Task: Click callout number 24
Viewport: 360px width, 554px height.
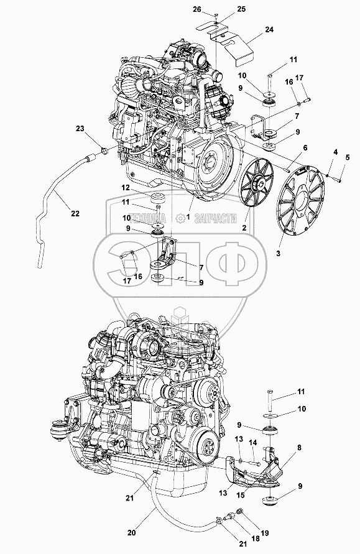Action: pos(269,30)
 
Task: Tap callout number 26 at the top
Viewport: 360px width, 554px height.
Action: pos(197,9)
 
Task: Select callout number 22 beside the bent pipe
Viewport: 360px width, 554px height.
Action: pos(75,213)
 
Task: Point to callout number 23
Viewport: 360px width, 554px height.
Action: pos(80,128)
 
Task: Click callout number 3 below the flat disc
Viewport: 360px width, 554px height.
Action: pos(279,253)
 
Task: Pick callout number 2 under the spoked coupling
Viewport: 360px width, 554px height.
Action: pos(244,228)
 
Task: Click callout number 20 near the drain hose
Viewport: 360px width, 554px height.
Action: pos(131,532)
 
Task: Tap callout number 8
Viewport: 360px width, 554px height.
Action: pos(300,447)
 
